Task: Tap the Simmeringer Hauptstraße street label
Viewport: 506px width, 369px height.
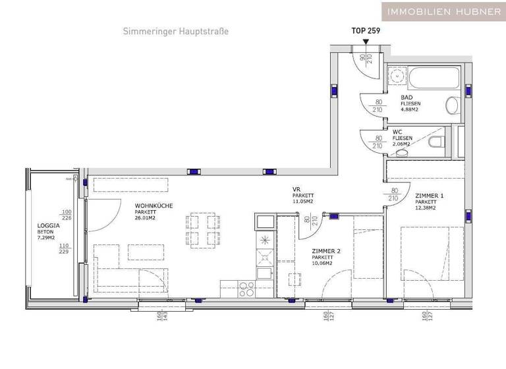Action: pyautogui.click(x=175, y=31)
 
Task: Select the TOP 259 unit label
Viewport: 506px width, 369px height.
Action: pyautogui.click(x=366, y=30)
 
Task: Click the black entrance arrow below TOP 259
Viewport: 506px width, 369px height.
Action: pyautogui.click(x=366, y=42)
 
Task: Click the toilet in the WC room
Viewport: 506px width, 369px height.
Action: pyautogui.click(x=434, y=142)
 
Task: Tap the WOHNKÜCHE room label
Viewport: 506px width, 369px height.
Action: pyautogui.click(x=154, y=206)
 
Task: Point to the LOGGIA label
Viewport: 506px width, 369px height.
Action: pyautogui.click(x=49, y=225)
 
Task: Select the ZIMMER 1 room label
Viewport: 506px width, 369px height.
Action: pyautogui.click(x=430, y=196)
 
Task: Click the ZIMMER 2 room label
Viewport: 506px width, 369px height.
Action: pyautogui.click(x=326, y=250)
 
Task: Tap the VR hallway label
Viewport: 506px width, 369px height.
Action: pyautogui.click(x=296, y=189)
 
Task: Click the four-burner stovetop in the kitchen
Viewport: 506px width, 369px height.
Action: pyautogui.click(x=247, y=287)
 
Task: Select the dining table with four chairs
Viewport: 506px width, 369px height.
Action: pyautogui.click(x=203, y=230)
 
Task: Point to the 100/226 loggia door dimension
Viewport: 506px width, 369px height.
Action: pyautogui.click(x=66, y=215)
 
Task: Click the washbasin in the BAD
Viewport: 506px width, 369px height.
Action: pyautogui.click(x=452, y=105)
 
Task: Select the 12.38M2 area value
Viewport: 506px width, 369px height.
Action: pyautogui.click(x=426, y=208)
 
